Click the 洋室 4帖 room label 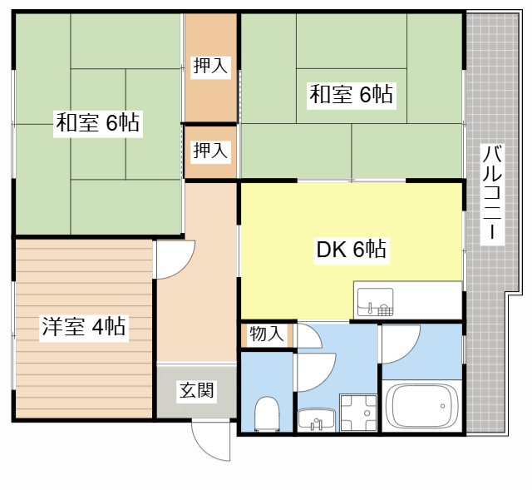(83, 327)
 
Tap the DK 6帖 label (351, 249)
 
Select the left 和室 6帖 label (96, 124)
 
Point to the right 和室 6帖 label (351, 95)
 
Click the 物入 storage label (267, 334)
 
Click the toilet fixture (267, 413)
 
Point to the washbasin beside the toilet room (315, 419)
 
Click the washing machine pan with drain (358, 413)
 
